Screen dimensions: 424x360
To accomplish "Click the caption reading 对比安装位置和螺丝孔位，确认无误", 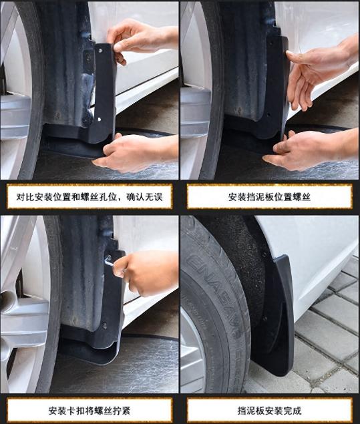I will (x=89, y=197).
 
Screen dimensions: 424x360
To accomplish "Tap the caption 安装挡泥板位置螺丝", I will (x=269, y=197).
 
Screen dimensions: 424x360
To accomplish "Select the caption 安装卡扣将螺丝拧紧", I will (x=89, y=409).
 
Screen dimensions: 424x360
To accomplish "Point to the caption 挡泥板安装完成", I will (x=269, y=409).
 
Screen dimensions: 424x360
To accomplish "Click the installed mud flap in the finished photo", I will (x=277, y=314).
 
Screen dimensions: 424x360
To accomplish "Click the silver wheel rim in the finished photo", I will (x=191, y=347).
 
